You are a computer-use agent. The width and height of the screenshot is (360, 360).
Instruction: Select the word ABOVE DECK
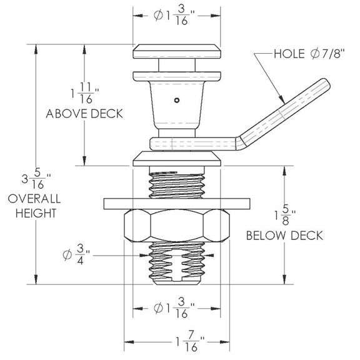[84, 114]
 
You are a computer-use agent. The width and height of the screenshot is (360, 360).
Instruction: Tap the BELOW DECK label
[284, 236]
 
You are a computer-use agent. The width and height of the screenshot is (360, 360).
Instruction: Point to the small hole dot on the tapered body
[177, 99]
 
